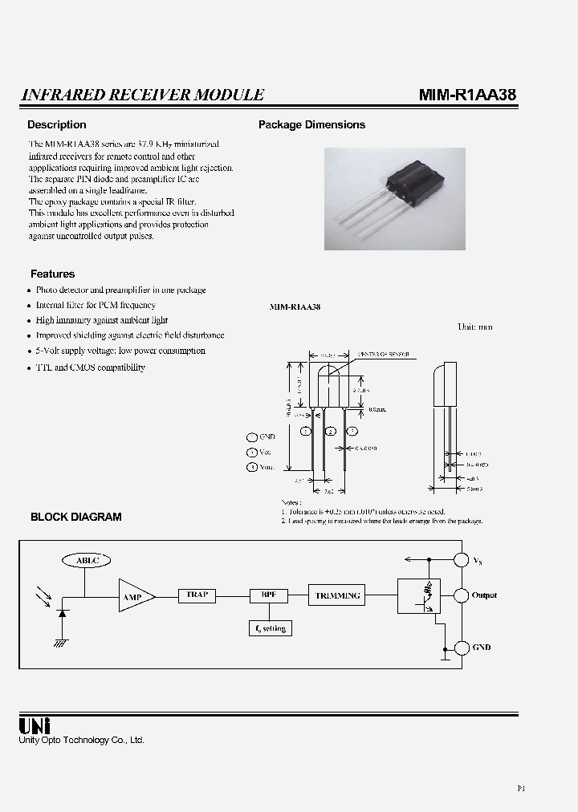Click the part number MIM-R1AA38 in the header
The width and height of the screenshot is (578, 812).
467,95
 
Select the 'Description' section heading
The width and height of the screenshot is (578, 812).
56,125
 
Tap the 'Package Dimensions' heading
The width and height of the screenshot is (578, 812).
311,125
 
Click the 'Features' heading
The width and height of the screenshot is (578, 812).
52,274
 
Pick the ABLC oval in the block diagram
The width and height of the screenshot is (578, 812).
86,560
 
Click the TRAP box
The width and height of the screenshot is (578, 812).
197,595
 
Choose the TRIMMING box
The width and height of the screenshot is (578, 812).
337,595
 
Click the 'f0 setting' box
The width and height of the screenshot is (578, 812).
270,628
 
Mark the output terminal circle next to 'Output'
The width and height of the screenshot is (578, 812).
462,595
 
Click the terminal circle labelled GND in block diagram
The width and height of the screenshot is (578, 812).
462,648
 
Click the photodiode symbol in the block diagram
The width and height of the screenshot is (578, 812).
62,613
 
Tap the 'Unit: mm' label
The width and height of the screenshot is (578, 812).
474,327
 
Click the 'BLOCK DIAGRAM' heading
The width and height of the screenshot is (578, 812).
76,518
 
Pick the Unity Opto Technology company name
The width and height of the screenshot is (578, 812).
81,740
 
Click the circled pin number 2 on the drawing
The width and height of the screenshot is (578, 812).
329,431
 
